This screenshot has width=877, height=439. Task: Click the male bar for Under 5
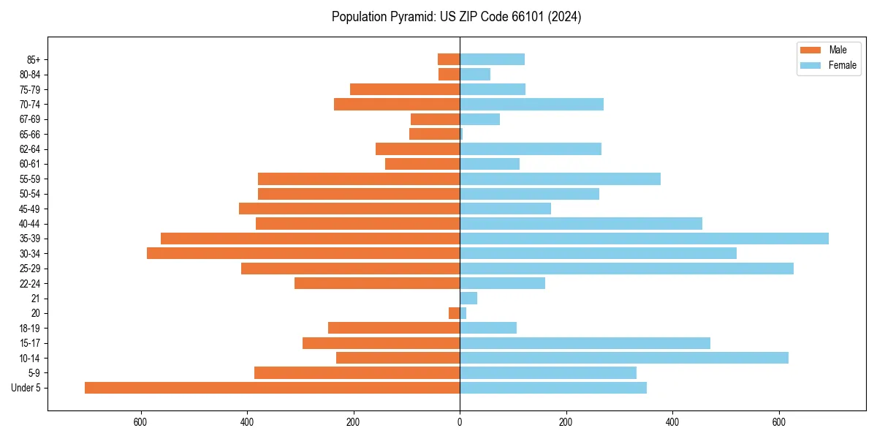click(x=272, y=388)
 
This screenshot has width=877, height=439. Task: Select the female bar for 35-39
click(x=644, y=239)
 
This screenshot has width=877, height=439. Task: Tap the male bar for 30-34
click(x=303, y=253)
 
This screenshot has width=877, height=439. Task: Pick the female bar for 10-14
click(x=624, y=358)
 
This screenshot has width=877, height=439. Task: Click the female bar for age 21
click(x=468, y=298)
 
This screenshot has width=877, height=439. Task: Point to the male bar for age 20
click(x=455, y=313)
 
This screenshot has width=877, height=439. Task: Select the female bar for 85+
click(x=492, y=59)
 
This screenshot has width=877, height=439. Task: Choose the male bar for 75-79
click(x=405, y=89)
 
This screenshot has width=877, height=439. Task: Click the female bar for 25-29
click(x=626, y=269)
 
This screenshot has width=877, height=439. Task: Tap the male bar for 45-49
click(x=349, y=209)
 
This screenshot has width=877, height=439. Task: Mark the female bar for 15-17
click(x=585, y=343)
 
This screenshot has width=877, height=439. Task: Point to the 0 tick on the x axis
click(x=460, y=422)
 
